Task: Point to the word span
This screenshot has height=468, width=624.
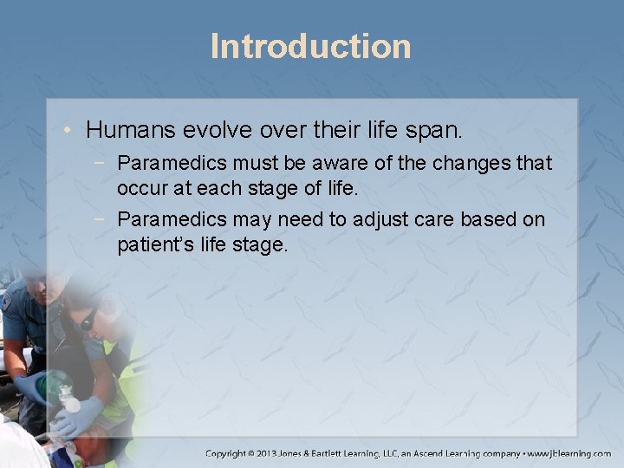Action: point(440,131)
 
